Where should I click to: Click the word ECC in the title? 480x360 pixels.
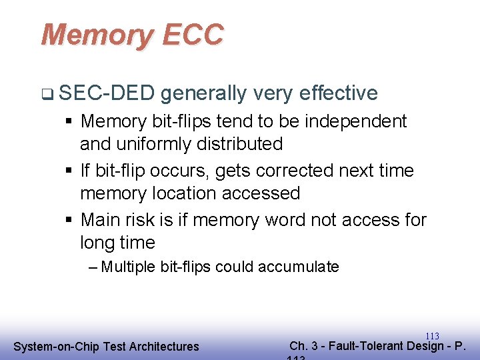(192, 35)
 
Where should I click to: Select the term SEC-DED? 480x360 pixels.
(106, 93)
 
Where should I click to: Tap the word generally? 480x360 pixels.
(203, 94)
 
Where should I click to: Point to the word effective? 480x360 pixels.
(339, 93)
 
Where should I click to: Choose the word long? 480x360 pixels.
(97, 243)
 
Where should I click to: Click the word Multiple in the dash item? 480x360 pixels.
(130, 267)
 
